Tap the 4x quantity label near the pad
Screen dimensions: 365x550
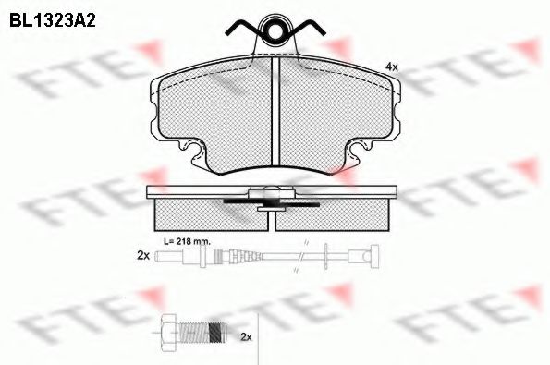[x=391, y=67]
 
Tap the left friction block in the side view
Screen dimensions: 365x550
[x=207, y=216]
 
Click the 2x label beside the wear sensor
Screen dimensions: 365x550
[x=142, y=255]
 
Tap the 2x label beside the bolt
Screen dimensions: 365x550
[x=246, y=338]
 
